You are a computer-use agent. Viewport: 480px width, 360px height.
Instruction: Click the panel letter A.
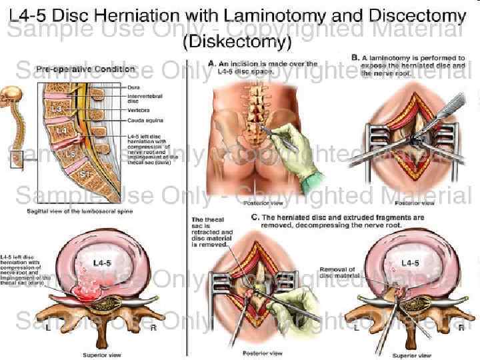click(211, 64)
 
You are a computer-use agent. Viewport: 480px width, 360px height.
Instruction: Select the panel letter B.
click(355, 59)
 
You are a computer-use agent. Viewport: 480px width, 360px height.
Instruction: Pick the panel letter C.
click(255, 217)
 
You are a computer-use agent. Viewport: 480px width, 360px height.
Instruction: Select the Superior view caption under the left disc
click(101, 355)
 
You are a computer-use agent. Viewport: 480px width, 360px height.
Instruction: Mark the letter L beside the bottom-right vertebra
click(356, 327)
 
